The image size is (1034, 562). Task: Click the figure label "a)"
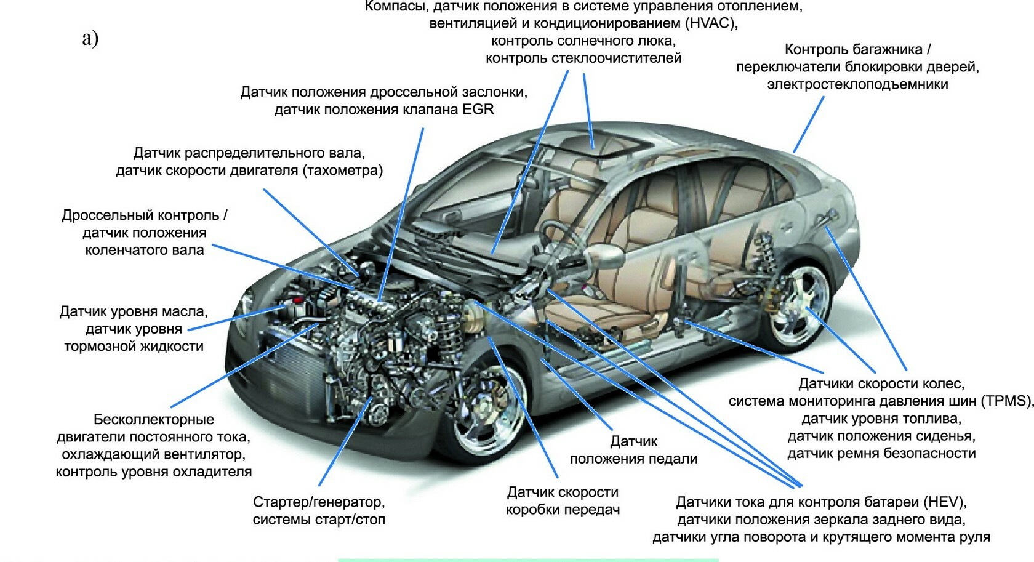[90, 38]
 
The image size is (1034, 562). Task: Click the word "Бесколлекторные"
[154, 420]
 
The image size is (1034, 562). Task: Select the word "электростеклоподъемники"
[857, 84]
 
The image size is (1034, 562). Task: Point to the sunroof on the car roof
[594, 145]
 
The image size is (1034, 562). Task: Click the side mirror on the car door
[606, 253]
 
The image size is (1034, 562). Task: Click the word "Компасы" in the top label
[396, 7]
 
